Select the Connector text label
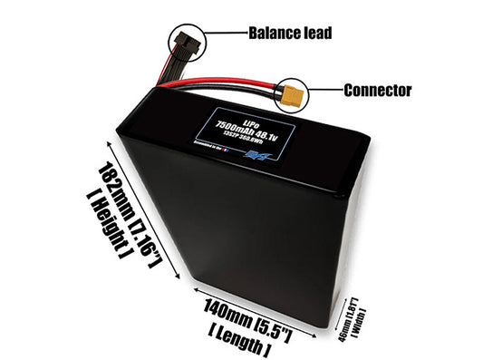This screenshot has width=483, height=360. click(x=378, y=91)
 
